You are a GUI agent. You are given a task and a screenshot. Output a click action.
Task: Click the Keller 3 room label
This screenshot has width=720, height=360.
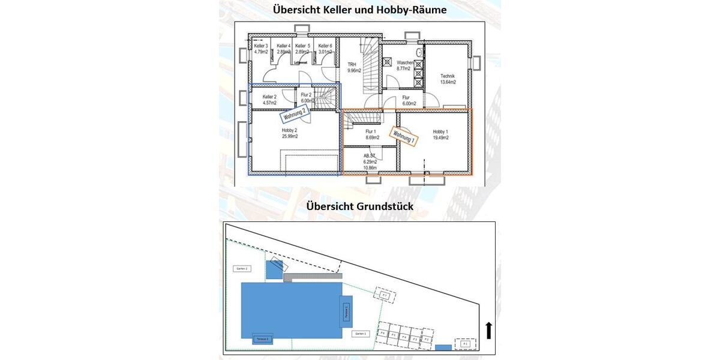coord(260,46)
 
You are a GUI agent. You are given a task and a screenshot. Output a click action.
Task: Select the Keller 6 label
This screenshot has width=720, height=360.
coord(325,46)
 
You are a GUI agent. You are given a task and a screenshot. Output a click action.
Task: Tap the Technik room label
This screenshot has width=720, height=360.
coord(448,76)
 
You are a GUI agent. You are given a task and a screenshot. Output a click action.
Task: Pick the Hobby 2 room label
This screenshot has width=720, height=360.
coord(289,130)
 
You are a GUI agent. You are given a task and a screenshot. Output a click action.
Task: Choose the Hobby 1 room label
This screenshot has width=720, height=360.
coord(440,131)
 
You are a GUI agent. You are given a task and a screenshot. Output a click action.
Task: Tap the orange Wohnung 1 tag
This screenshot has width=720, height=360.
coord(404,136)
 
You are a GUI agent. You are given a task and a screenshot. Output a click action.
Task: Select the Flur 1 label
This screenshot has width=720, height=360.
coord(370,131)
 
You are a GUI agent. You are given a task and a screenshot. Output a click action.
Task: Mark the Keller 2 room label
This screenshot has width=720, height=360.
coord(269,97)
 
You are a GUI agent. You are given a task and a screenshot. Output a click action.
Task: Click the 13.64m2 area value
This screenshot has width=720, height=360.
coord(448,82)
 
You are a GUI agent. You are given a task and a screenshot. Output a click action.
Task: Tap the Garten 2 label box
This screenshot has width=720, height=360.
coord(242,269)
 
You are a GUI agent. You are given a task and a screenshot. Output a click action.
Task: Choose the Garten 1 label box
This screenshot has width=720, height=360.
coord(360,334)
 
